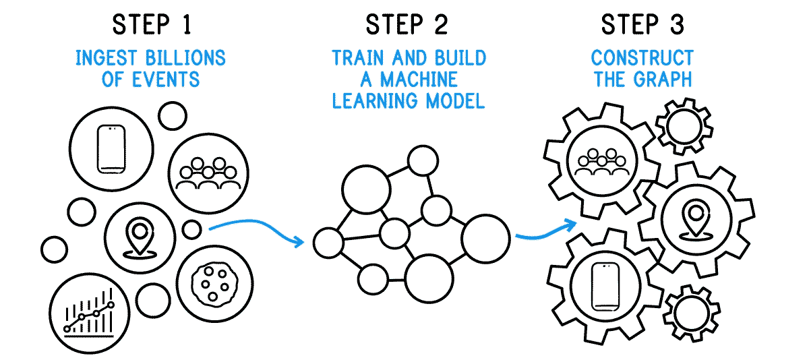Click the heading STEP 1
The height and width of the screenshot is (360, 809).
[x=152, y=25]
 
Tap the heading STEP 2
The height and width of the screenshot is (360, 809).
[x=407, y=25]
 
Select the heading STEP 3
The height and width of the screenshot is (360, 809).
[x=642, y=25]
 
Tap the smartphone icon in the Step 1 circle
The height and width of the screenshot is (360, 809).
[x=111, y=148]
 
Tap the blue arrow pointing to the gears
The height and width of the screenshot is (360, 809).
[x=546, y=230]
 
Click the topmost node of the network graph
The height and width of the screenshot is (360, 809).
[x=423, y=160]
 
